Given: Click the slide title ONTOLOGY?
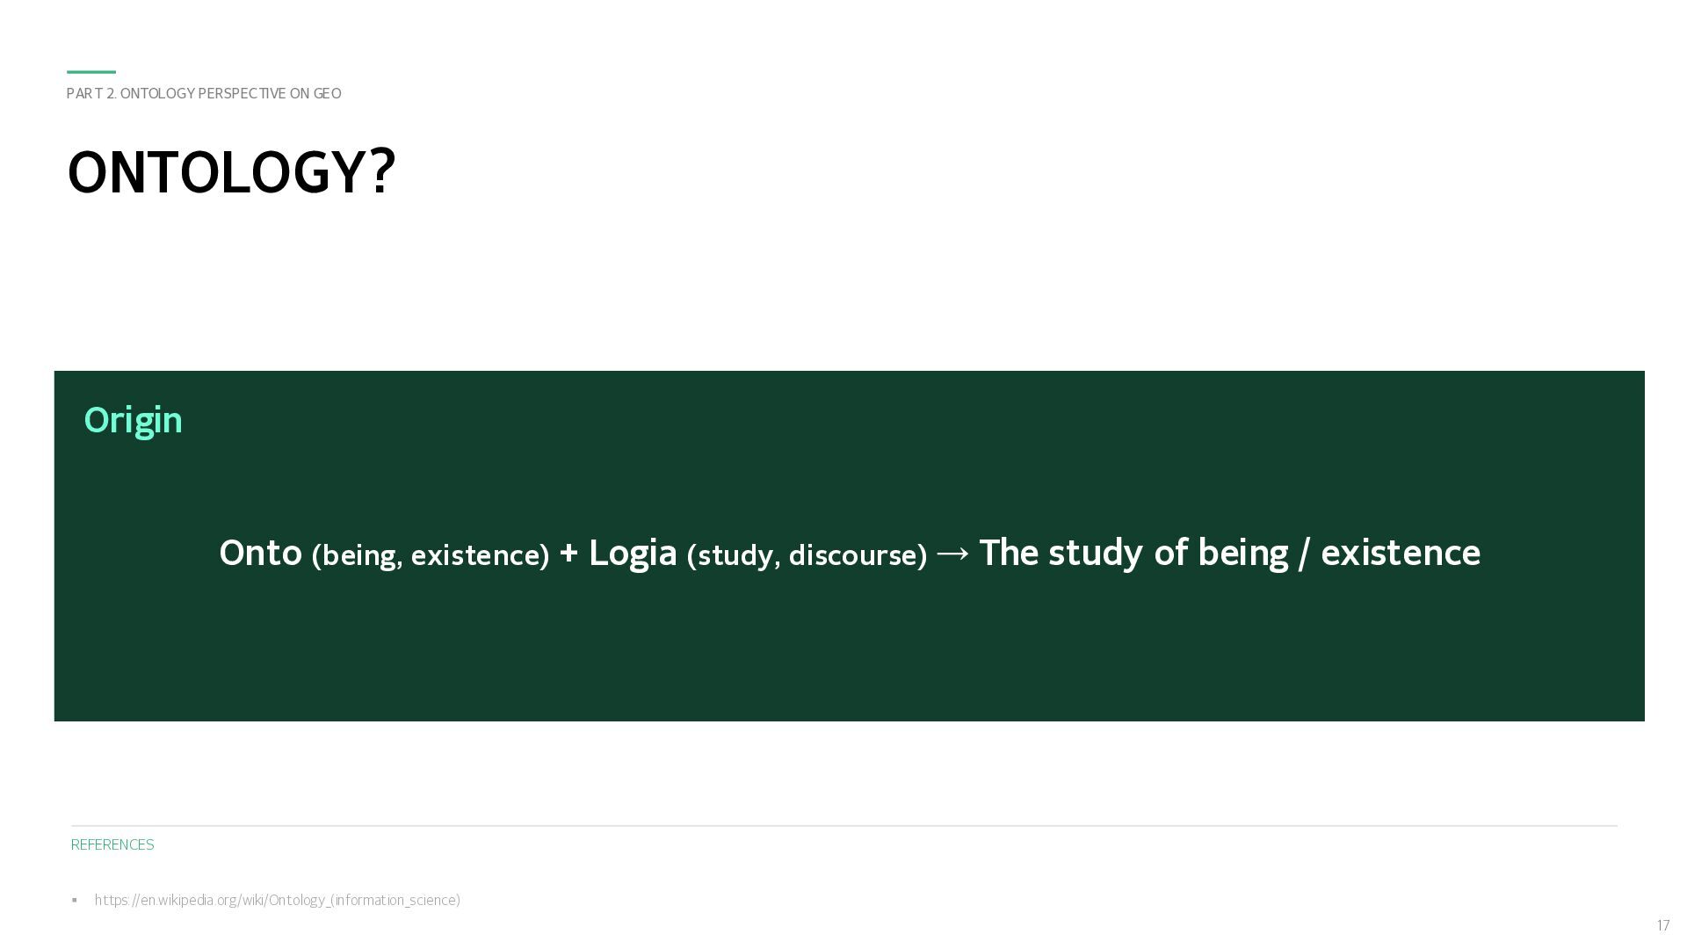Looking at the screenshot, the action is click(x=231, y=172).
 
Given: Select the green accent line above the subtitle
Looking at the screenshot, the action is click(x=91, y=72).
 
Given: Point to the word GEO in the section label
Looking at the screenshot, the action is click(x=327, y=93).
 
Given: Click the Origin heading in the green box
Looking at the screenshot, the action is click(x=133, y=420).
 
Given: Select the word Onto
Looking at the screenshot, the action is click(x=261, y=553).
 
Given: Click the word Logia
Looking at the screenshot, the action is click(x=633, y=554).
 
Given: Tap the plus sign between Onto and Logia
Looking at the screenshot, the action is click(x=568, y=554).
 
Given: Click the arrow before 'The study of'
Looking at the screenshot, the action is click(x=953, y=554).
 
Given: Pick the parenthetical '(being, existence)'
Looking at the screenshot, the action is click(x=431, y=555).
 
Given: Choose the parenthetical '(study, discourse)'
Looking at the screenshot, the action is click(x=807, y=555).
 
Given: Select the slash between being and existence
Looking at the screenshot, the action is click(x=1304, y=554).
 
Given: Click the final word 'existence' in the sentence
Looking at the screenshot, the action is click(x=1401, y=554).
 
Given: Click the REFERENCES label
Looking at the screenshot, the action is click(x=112, y=844).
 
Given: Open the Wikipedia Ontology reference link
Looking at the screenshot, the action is click(x=278, y=900).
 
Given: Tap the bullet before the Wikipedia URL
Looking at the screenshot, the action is click(x=75, y=900).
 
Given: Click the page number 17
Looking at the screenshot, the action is click(x=1662, y=925).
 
